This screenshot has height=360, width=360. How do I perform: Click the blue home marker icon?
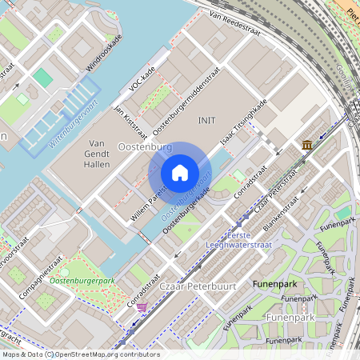click(x=180, y=173)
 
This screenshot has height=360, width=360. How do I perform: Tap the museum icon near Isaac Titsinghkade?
click(x=308, y=145)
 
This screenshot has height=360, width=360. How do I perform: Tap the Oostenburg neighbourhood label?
click(x=145, y=148)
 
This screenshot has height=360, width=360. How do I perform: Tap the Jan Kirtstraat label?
click(x=130, y=119)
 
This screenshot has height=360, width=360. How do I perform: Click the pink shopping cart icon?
click(x=142, y=306)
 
